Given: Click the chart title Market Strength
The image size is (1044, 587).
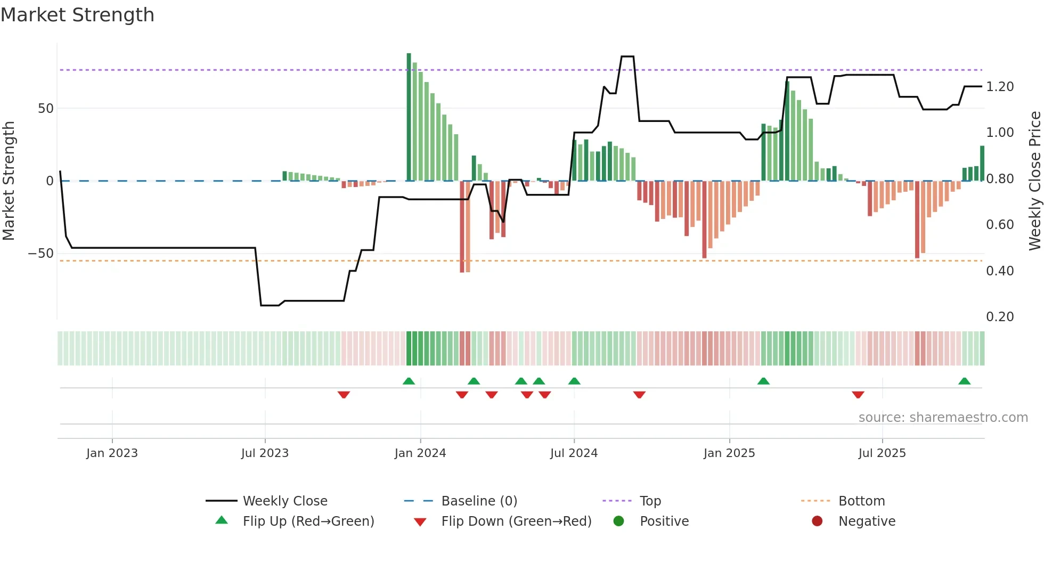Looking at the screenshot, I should [77, 15].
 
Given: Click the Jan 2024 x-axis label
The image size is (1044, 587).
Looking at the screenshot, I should [420, 453].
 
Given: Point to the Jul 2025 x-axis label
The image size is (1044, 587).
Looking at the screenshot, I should [882, 453].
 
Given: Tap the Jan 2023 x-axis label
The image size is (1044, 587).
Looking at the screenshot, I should [112, 453].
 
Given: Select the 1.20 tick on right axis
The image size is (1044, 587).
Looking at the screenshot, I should [999, 87].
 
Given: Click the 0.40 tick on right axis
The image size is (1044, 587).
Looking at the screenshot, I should [999, 271].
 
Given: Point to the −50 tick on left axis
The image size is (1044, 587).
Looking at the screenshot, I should [41, 254].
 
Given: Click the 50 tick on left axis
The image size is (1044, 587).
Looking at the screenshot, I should [46, 109].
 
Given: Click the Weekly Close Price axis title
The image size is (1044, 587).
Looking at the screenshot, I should [1034, 181].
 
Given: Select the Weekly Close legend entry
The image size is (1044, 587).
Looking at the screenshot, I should [284, 501].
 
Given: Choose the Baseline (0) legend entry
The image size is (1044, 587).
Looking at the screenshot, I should [479, 501].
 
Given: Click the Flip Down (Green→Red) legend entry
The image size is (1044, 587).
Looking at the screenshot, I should [516, 521].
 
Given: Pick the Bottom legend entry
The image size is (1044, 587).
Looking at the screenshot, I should [861, 501].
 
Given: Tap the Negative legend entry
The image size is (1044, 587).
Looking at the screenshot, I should [867, 521].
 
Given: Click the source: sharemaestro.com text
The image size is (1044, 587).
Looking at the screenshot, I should [943, 418].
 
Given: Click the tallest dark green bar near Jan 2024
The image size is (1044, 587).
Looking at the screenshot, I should [409, 117].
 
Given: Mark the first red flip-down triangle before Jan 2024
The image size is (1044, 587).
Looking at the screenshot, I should [344, 395].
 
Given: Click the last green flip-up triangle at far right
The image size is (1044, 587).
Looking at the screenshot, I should [964, 381].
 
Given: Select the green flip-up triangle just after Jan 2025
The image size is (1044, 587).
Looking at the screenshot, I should [763, 381].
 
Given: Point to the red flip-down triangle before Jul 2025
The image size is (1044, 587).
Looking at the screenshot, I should [858, 395].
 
